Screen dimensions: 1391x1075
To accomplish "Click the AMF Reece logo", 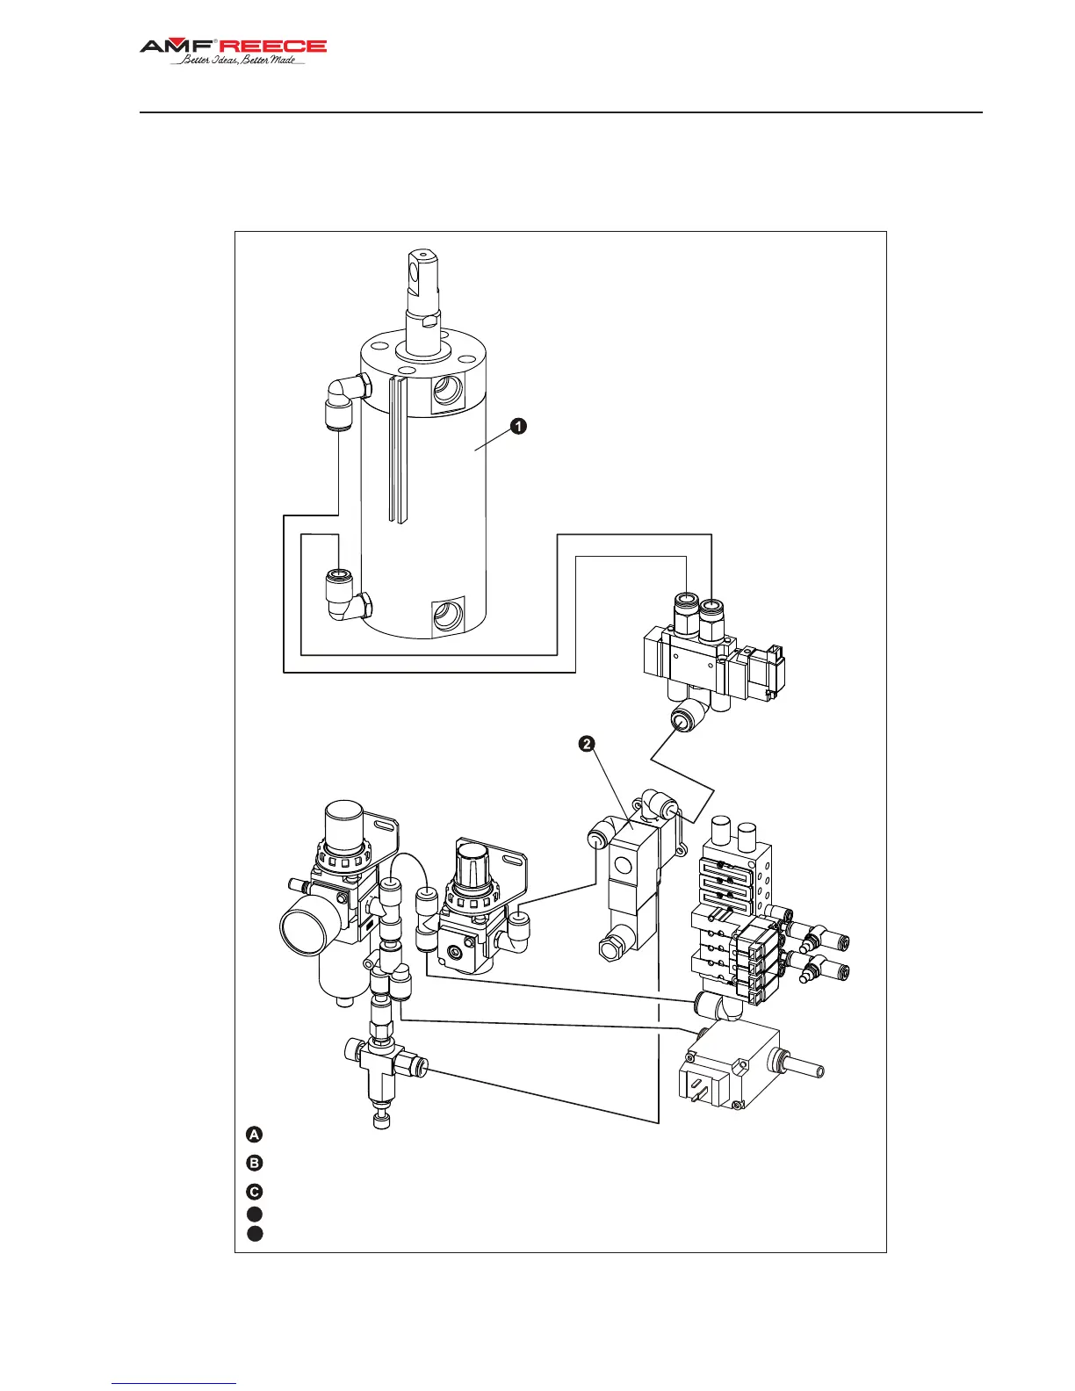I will coord(233,47).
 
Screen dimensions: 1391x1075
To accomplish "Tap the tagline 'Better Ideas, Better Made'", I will coord(238,61).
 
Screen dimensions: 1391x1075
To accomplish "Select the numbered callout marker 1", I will coord(519,427).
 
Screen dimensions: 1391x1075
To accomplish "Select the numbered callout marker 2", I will coord(586,744).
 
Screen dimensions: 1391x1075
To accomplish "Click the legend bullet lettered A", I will coord(254,1134).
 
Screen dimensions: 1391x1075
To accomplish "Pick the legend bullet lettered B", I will coord(254,1164).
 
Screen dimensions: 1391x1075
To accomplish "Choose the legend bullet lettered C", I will coord(254,1192).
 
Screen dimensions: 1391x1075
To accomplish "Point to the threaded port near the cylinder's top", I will coord(449,391).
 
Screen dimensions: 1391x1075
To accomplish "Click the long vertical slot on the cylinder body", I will coord(399,448).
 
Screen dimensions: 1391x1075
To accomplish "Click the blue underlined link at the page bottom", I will coord(174,1383).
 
